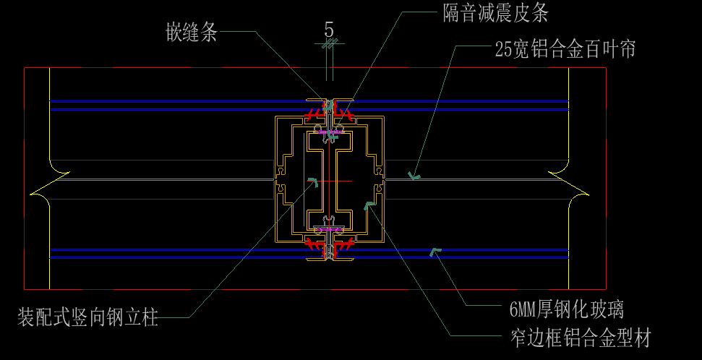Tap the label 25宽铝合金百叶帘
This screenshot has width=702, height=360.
click(x=565, y=49)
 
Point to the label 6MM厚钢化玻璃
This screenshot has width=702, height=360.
click(x=566, y=311)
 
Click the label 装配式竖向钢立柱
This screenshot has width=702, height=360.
click(x=87, y=317)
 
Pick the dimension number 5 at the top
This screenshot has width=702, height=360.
click(x=329, y=30)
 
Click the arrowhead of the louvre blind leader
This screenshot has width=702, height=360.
click(x=414, y=175)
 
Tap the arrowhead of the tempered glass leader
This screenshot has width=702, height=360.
click(x=435, y=251)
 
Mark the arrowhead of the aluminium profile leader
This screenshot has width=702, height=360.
click(x=369, y=205)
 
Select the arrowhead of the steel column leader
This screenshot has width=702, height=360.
click(x=312, y=181)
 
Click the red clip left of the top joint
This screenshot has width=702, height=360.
click(x=313, y=114)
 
